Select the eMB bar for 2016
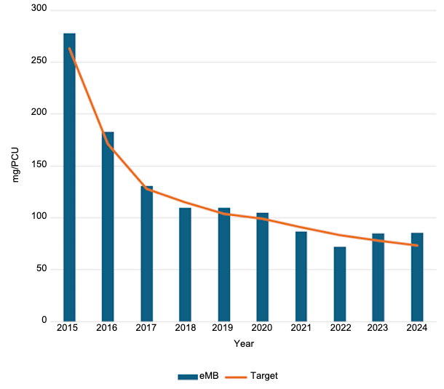[108, 226]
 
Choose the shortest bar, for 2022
[339, 284]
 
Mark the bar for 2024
[417, 276]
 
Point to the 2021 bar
[301, 276]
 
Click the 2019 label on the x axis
[223, 328]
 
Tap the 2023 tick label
[378, 328]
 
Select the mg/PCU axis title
[16, 164]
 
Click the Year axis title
[243, 343]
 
